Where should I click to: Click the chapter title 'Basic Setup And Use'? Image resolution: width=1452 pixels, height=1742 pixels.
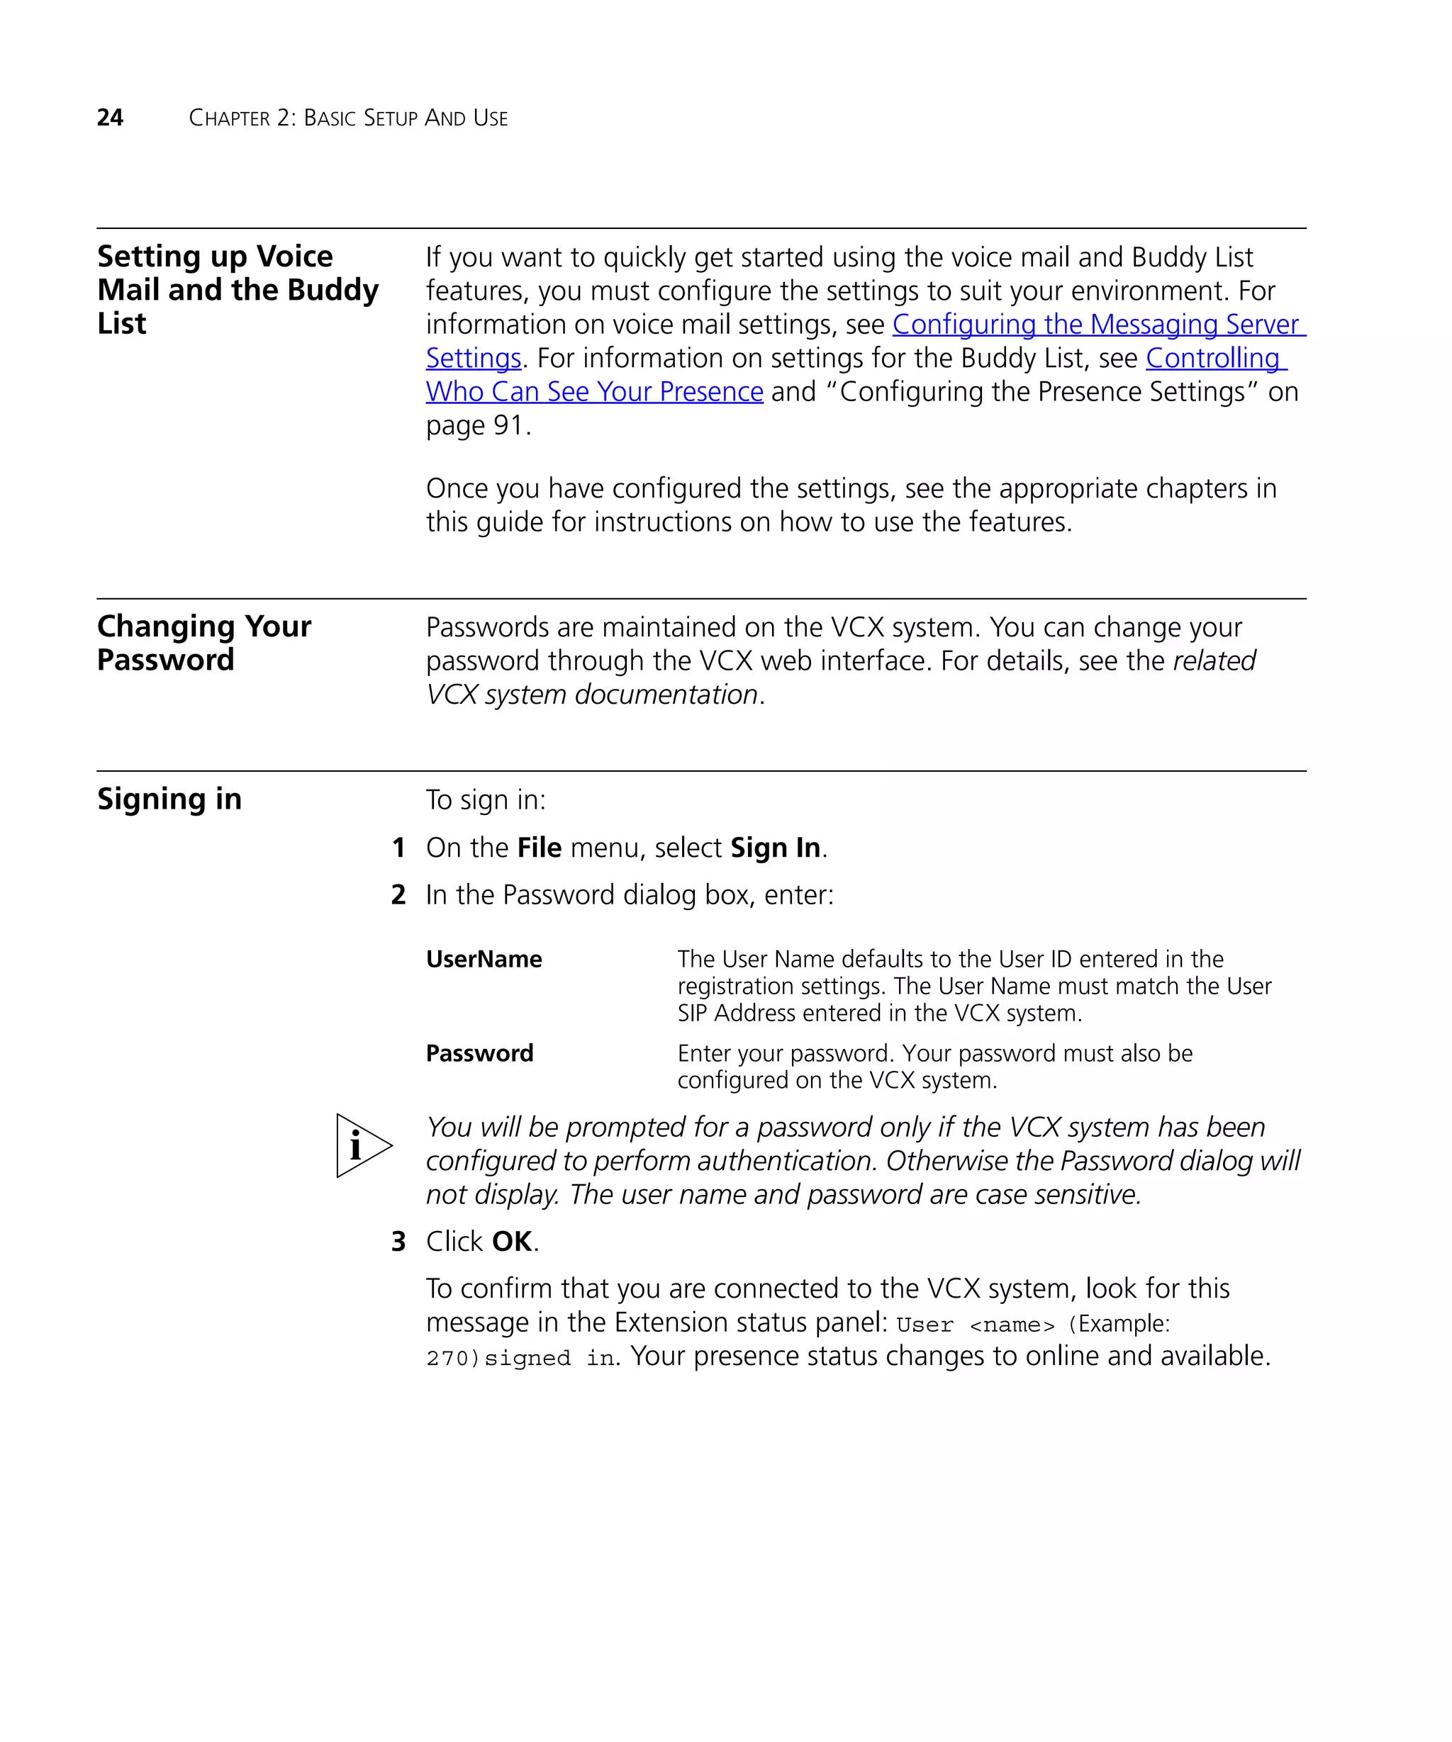pos(405,118)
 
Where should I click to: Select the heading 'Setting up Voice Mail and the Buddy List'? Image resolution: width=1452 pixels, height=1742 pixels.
pos(237,289)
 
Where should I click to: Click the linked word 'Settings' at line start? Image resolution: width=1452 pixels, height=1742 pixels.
pos(473,359)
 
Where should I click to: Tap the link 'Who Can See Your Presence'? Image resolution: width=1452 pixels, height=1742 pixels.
pos(594,391)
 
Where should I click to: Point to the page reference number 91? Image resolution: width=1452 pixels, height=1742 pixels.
pos(508,425)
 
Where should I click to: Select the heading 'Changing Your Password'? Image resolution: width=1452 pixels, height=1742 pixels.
pos(203,643)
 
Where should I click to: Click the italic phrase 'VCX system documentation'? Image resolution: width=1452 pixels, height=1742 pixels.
pos(591,695)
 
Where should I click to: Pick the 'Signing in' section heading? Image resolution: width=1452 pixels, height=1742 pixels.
pos(169,799)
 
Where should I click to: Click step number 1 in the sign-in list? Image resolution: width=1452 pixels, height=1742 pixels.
pos(398,848)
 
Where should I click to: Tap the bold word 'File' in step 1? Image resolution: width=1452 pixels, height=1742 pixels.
pos(540,848)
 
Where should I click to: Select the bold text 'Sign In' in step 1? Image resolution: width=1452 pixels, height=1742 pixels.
pos(775,848)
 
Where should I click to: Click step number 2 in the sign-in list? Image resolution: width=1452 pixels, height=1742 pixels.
pos(398,895)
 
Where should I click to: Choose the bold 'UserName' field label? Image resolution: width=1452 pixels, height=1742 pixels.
pos(484,960)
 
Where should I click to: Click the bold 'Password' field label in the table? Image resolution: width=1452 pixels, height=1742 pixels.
pos(479,1054)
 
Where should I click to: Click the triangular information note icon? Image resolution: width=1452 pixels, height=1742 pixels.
pos(361,1145)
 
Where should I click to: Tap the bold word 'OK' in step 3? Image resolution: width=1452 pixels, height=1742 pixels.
pos(511,1242)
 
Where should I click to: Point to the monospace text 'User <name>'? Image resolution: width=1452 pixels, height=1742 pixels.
pos(975,1325)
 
